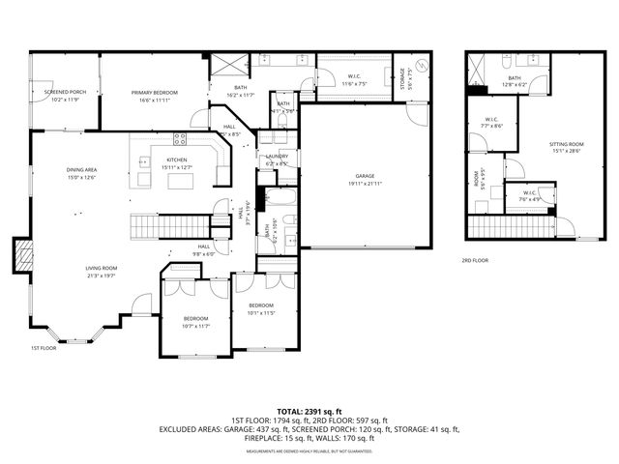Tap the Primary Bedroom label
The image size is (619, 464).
point(155,94)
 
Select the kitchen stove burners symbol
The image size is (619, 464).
point(179,138)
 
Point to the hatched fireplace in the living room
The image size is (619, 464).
point(19,257)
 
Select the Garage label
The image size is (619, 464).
point(365,177)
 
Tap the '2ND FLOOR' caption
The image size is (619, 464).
point(474,260)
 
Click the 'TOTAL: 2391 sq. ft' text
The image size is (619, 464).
point(309,410)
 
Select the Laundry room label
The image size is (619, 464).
point(276,159)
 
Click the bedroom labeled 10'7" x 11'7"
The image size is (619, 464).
point(195,324)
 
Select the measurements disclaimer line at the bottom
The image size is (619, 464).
point(309,451)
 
